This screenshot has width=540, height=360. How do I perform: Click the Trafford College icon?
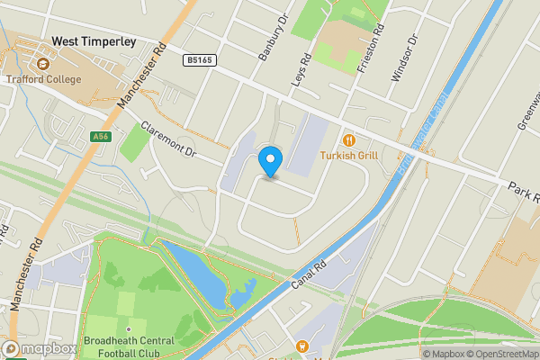(x=42, y=64)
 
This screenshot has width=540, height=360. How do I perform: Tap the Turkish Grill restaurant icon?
(x=349, y=139)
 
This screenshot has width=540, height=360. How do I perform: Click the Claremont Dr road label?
(x=168, y=139)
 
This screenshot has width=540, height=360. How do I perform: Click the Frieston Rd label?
(x=373, y=37)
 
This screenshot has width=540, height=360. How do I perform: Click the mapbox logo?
(x=40, y=348)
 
